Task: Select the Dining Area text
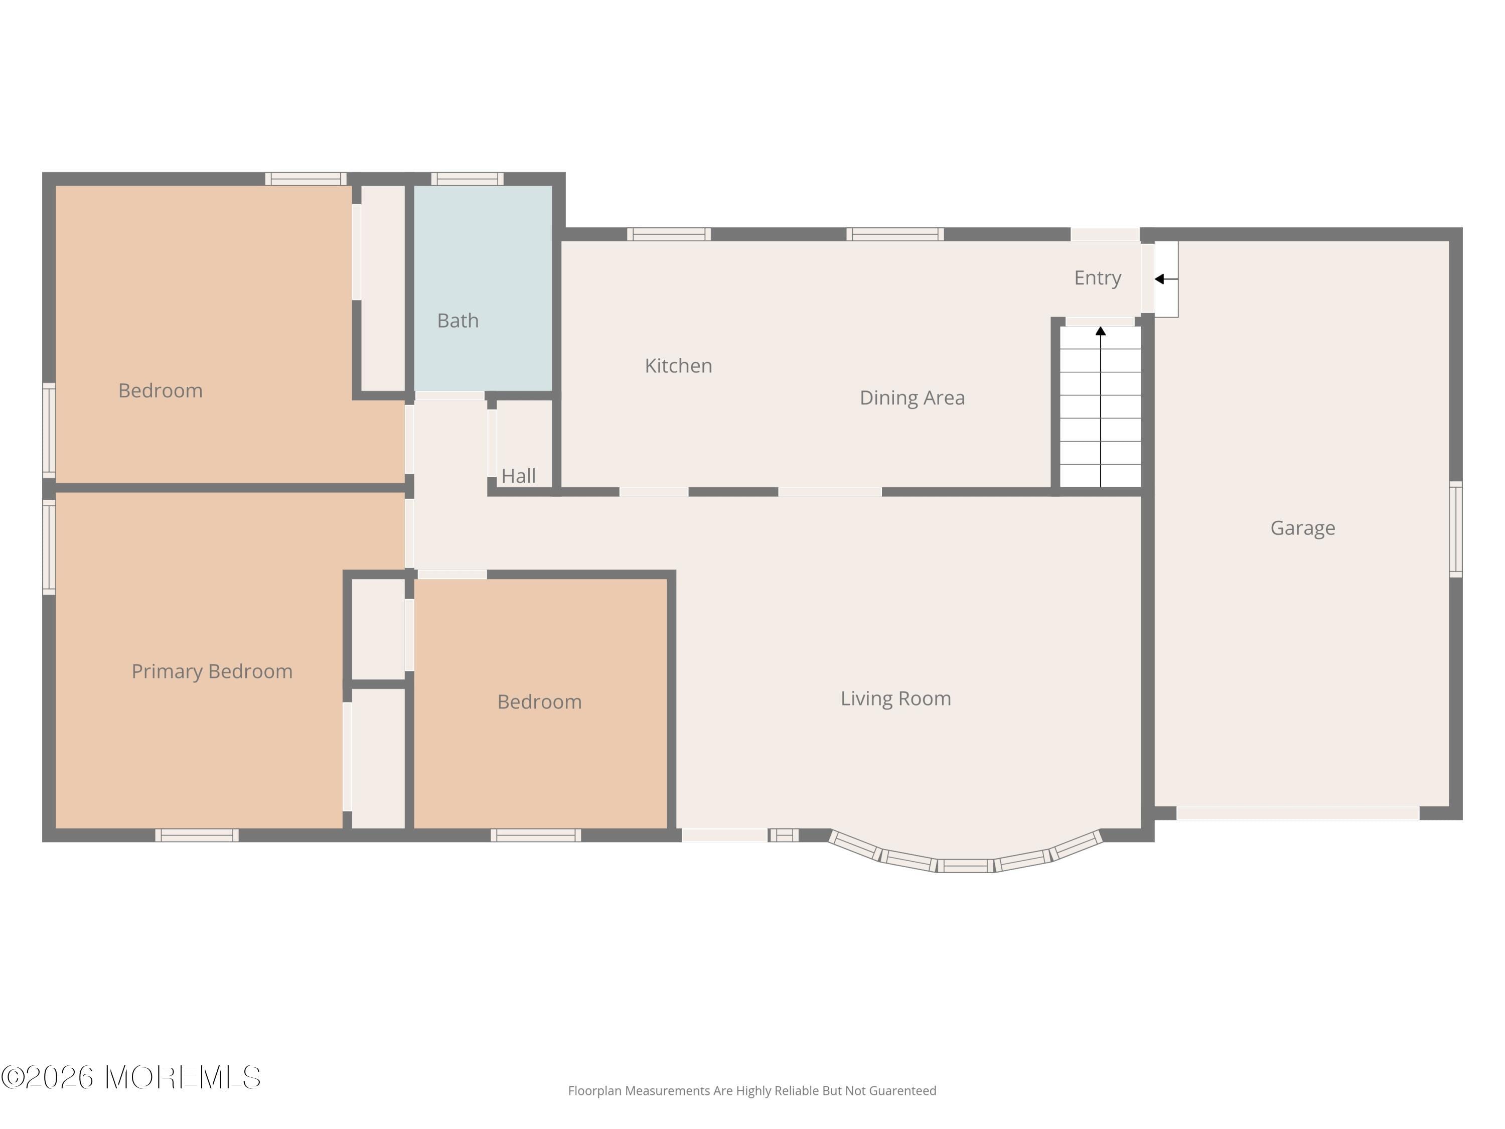pyautogui.click(x=912, y=397)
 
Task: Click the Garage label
pyautogui.click(x=1302, y=528)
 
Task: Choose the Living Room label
pyautogui.click(x=895, y=698)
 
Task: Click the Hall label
pyautogui.click(x=518, y=476)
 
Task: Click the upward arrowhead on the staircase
pyautogui.click(x=1100, y=331)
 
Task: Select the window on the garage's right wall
pyautogui.click(x=1455, y=529)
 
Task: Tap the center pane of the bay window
pyautogui.click(x=966, y=866)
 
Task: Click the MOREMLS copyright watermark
pyautogui.click(x=130, y=1077)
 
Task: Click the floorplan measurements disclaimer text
pyautogui.click(x=752, y=1091)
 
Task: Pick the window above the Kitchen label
pyautogui.click(x=668, y=234)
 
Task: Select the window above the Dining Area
pyautogui.click(x=894, y=234)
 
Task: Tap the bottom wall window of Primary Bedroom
pyautogui.click(x=197, y=835)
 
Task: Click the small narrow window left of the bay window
pyautogui.click(x=784, y=835)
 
